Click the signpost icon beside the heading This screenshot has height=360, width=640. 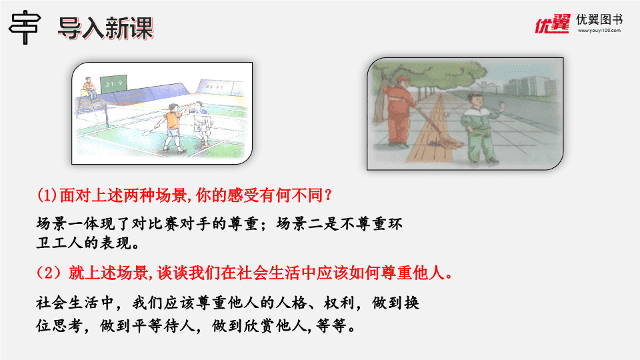pyautogui.click(x=25, y=27)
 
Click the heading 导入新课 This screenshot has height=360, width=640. pyautogui.click(x=105, y=28)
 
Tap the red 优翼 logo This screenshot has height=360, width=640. pyautogui.click(x=552, y=24)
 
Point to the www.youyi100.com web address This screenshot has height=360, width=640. pyautogui.click(x=599, y=31)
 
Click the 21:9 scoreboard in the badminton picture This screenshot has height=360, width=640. pyautogui.click(x=113, y=84)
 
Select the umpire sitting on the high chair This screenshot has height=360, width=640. pyautogui.click(x=89, y=88)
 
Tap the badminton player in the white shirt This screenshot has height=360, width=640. pyautogui.click(x=201, y=124)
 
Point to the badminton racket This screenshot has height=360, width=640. pyautogui.click(x=151, y=131)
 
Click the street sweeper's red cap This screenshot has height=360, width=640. pyautogui.click(x=402, y=79)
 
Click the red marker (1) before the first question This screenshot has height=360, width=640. pyautogui.click(x=47, y=195)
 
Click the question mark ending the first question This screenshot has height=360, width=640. pyautogui.click(x=327, y=195)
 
